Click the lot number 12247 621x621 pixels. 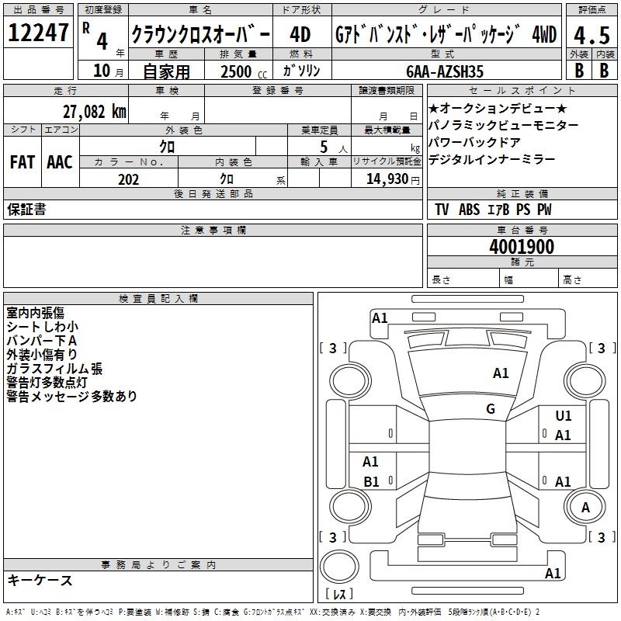point(38,33)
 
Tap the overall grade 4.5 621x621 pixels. point(592,35)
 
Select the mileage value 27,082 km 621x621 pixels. point(95,112)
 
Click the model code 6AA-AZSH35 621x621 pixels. point(445,71)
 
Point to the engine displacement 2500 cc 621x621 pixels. point(244,71)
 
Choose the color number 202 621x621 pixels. point(129,179)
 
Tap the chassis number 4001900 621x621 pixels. point(522,246)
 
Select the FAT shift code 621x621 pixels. point(23,162)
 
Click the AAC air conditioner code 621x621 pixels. point(60,162)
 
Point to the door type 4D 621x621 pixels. point(300,35)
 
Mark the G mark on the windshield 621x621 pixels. point(491,409)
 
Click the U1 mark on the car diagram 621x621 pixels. point(564,416)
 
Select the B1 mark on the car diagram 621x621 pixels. point(372,481)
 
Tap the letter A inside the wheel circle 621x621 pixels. point(586,508)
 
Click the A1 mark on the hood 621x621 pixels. point(501,373)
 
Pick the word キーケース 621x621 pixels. point(40,581)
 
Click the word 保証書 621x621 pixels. point(26,210)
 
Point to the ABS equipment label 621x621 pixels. point(470,210)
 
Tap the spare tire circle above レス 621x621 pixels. point(339,567)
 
